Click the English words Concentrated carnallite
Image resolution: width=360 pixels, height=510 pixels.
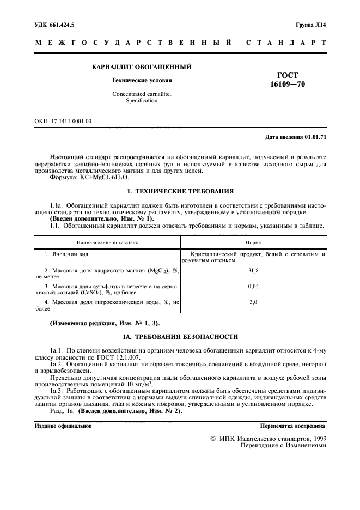[141, 94]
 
